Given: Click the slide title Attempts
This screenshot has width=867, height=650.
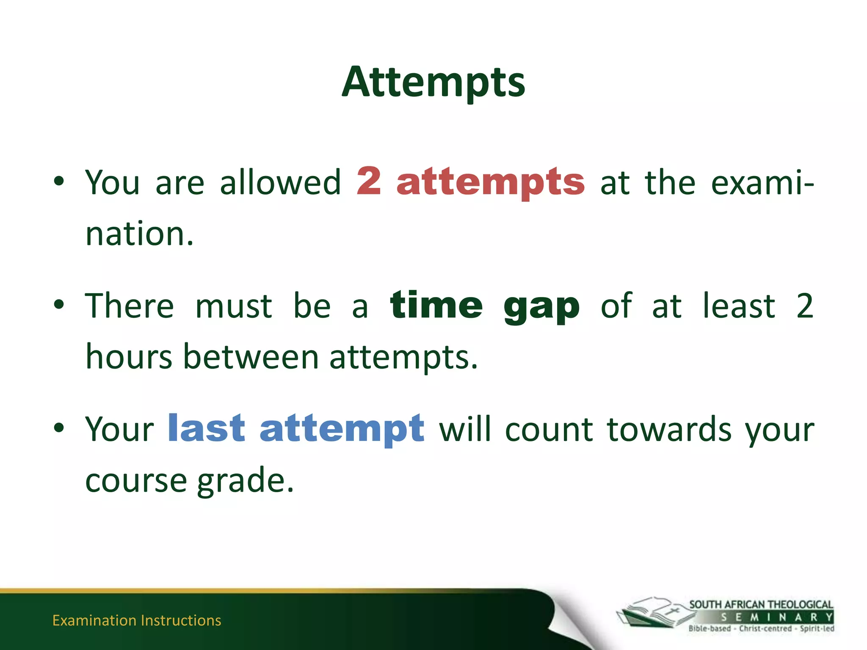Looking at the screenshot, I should [433, 83].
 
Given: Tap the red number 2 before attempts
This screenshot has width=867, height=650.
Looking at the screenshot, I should [369, 181].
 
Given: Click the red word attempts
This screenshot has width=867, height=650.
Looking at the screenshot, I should [490, 183].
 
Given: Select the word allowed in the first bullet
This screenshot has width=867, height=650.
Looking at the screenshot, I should [280, 183].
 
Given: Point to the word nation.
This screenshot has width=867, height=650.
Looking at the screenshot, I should [139, 234].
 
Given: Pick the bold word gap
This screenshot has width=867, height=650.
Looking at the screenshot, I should [541, 308].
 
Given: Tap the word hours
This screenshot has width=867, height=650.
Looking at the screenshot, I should [129, 357].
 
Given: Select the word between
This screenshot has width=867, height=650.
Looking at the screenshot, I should [251, 357].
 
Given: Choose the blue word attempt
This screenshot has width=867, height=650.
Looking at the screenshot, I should [342, 430].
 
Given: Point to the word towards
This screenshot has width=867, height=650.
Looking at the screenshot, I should [669, 430].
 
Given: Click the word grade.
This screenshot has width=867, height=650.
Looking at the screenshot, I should [245, 482].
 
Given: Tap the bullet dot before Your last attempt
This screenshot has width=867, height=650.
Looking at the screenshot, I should [59, 428].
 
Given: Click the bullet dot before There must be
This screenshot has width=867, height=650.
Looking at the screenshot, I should [59, 304].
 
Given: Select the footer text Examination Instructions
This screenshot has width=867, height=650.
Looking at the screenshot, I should [136, 620].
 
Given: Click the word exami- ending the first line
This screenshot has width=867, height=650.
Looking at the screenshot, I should [762, 183].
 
